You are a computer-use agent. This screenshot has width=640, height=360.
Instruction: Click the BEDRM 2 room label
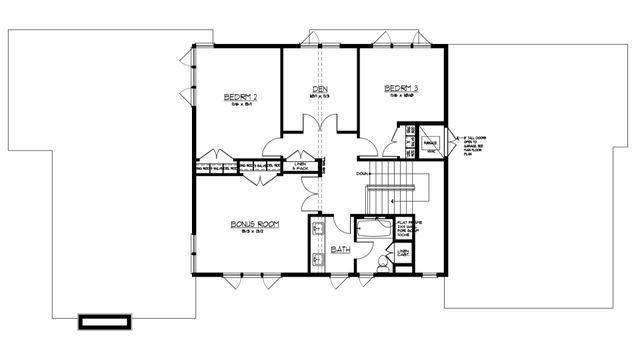[x=241, y=97]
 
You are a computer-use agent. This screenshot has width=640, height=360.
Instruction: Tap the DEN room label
[x=320, y=88]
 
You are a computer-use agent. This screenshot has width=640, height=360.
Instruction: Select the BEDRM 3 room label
[x=401, y=89]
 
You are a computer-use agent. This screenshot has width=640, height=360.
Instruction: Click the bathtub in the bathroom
[x=371, y=232]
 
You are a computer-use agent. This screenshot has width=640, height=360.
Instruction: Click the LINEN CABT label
[x=405, y=253]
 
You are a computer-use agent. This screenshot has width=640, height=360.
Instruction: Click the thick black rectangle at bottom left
[x=105, y=322]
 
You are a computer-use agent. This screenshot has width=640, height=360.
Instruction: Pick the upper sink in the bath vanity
[x=317, y=230]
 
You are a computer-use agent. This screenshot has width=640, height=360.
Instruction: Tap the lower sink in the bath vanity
[x=317, y=260]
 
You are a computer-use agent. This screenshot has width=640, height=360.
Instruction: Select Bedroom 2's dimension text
[x=241, y=106]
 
